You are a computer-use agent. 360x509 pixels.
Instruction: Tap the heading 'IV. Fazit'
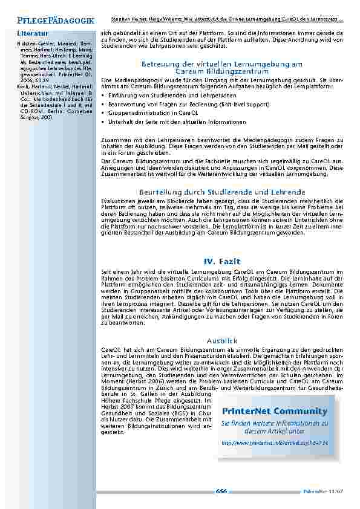click(x=222, y=261)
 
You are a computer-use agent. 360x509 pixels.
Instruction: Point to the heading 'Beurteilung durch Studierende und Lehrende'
click(x=222, y=192)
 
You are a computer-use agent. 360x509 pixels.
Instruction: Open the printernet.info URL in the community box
click(x=269, y=443)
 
